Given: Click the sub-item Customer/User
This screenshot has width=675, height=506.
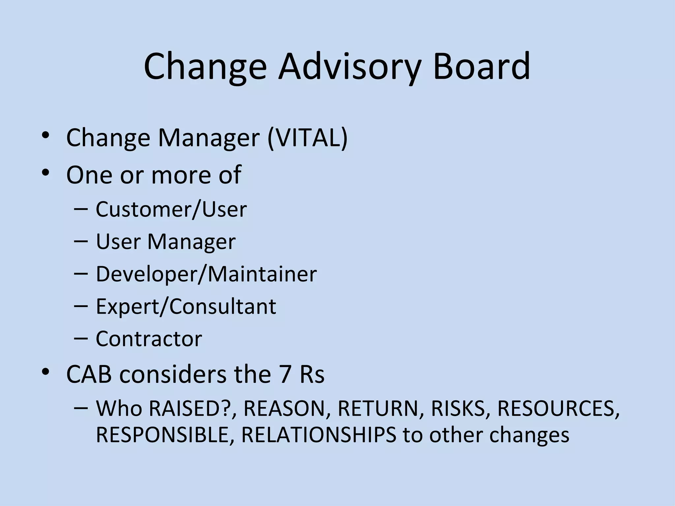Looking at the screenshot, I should click(x=171, y=209).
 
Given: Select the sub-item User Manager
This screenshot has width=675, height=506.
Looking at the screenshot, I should click(x=165, y=241).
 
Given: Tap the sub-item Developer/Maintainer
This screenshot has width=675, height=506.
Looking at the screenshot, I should click(x=206, y=274).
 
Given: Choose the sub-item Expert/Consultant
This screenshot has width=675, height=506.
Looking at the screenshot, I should click(x=186, y=306).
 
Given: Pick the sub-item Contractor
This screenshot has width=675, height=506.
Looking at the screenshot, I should click(x=149, y=339).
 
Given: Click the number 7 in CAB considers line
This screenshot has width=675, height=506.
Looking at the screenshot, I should click(x=285, y=375).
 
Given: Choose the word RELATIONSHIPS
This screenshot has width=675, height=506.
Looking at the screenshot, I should click(x=319, y=435).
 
